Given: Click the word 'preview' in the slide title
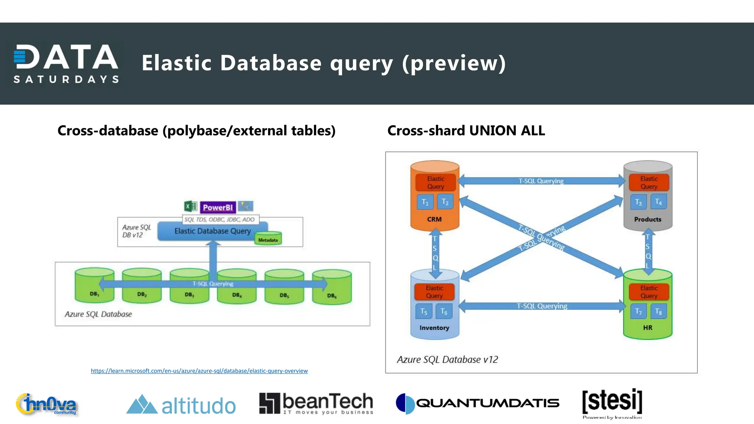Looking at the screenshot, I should pyautogui.click(x=454, y=63).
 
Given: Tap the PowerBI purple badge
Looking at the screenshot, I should pyautogui.click(x=218, y=207).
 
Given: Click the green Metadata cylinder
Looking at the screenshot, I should pyautogui.click(x=268, y=239).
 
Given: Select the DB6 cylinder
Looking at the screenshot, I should pyautogui.click(x=332, y=287).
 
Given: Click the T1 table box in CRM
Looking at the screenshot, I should pyautogui.click(x=425, y=202).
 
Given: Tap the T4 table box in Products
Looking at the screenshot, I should pyautogui.click(x=658, y=202).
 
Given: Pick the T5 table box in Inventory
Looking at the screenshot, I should pyautogui.click(x=424, y=311).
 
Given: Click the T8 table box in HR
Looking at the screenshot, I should pyautogui.click(x=658, y=312).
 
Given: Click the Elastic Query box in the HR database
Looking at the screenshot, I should pyautogui.click(x=649, y=292).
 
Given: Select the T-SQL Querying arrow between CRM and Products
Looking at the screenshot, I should pyautogui.click(x=541, y=181).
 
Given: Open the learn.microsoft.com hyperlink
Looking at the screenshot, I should pyautogui.click(x=199, y=371).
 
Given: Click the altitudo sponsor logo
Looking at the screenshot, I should pyautogui.click(x=181, y=405).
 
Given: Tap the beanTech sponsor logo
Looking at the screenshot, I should pyautogui.click(x=316, y=403).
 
